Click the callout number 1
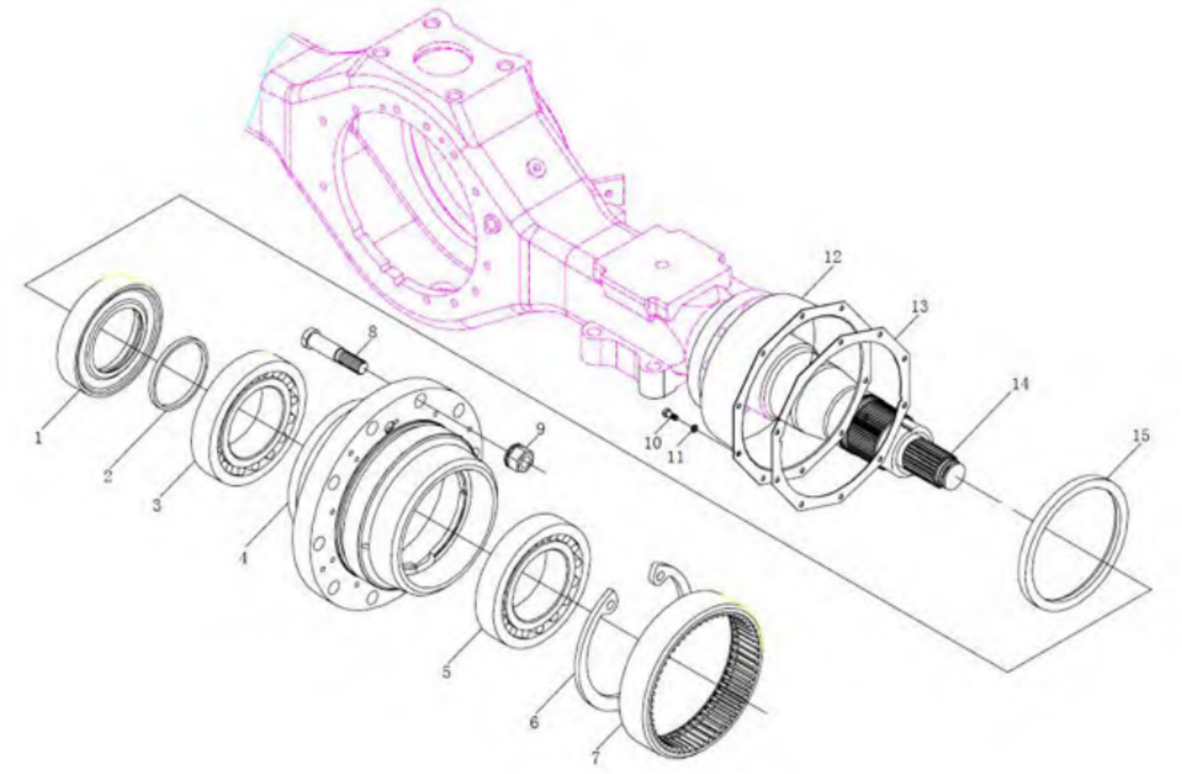(x=38, y=437)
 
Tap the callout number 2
(x=108, y=475)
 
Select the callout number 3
(x=157, y=505)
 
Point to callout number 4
(x=244, y=558)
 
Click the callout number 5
(x=447, y=672)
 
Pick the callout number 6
(x=534, y=722)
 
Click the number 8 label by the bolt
(x=373, y=332)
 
